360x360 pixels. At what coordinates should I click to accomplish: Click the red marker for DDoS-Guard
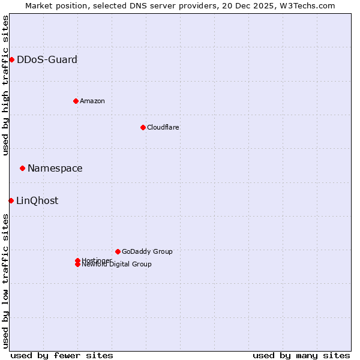click(x=11, y=59)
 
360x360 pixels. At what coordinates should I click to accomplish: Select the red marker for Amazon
click(x=76, y=101)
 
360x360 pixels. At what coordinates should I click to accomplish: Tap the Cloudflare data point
click(x=143, y=127)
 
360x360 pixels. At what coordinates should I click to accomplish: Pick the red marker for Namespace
click(x=22, y=168)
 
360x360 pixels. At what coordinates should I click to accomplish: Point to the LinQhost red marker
click(x=11, y=200)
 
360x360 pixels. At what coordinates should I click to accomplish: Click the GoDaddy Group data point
click(x=118, y=251)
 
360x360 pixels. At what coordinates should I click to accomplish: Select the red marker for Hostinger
click(x=77, y=260)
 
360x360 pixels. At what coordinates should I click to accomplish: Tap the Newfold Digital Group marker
click(x=77, y=265)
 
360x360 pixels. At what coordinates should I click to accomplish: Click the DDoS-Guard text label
click(x=47, y=59)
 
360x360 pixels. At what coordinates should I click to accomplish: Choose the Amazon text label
click(x=92, y=101)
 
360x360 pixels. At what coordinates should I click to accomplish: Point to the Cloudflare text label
click(x=163, y=127)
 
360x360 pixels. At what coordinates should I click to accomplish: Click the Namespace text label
click(x=55, y=168)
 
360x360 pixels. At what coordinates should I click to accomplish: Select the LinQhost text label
click(x=37, y=200)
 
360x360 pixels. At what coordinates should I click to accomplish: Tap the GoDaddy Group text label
click(x=147, y=251)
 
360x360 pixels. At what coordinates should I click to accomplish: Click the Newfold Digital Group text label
click(x=116, y=265)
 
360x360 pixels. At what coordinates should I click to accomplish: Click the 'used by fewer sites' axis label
click(x=62, y=355)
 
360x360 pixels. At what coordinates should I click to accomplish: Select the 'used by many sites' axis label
click(x=301, y=355)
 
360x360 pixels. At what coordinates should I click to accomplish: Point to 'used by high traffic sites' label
click(x=5, y=85)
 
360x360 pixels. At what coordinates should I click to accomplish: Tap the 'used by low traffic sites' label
click(x=5, y=281)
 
